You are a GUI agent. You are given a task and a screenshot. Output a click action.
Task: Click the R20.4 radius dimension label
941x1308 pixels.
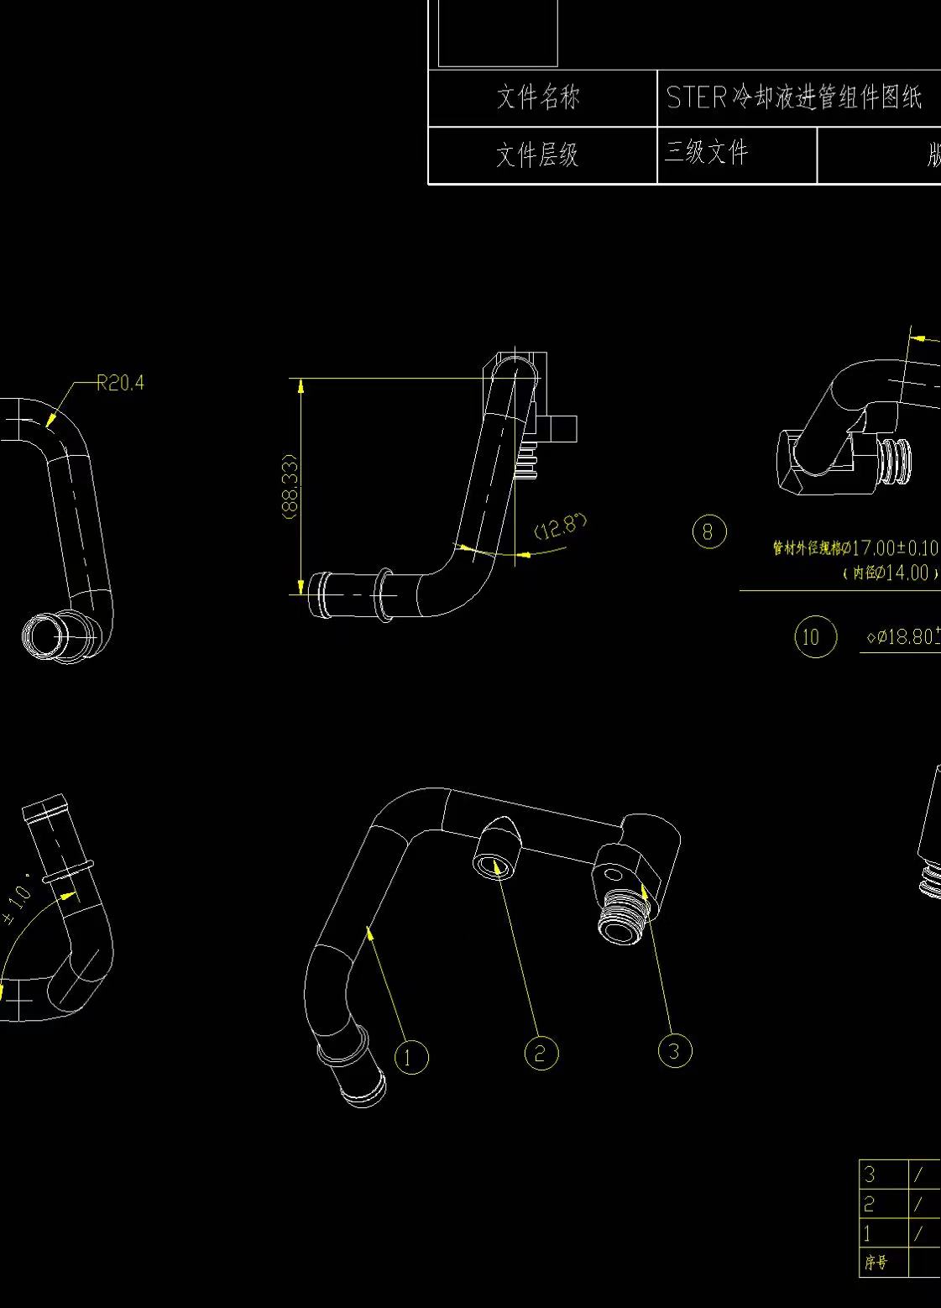tap(120, 384)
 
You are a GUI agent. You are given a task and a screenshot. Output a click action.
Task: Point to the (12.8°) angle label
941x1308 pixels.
tap(560, 527)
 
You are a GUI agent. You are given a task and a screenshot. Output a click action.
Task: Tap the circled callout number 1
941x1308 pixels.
tap(410, 1057)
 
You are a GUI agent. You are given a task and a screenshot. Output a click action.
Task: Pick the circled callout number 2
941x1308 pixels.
tap(541, 1053)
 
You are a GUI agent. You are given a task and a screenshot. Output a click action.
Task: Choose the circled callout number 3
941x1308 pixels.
tap(675, 1050)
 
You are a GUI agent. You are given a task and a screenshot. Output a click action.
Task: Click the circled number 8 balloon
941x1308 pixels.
tap(708, 532)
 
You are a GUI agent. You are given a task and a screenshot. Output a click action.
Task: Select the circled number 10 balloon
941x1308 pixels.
tap(814, 636)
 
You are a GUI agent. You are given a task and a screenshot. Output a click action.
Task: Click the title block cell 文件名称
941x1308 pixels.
tap(538, 98)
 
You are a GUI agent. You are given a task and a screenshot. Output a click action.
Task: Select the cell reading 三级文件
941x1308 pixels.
tap(706, 153)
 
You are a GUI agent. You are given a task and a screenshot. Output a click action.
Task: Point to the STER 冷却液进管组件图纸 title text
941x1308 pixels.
tap(793, 98)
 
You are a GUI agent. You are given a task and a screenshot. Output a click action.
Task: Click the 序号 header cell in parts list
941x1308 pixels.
tap(876, 1263)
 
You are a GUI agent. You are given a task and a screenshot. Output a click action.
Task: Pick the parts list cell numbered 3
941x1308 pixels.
tap(870, 1174)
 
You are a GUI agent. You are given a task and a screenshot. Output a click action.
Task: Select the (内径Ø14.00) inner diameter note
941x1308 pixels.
tap(890, 573)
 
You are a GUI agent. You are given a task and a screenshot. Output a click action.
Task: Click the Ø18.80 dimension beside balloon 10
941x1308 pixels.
tap(903, 637)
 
